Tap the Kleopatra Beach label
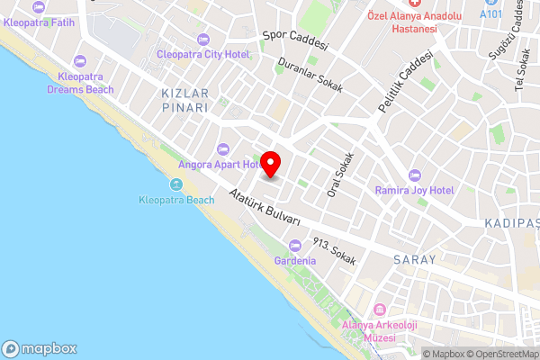point(176,200)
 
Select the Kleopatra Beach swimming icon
point(176,184)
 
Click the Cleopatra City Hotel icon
point(202,39)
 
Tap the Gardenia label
point(295,261)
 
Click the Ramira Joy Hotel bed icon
point(415,175)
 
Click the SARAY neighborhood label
point(414,259)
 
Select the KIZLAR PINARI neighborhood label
point(184,100)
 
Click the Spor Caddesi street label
point(296,40)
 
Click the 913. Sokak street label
point(334,251)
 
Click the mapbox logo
point(40,348)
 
